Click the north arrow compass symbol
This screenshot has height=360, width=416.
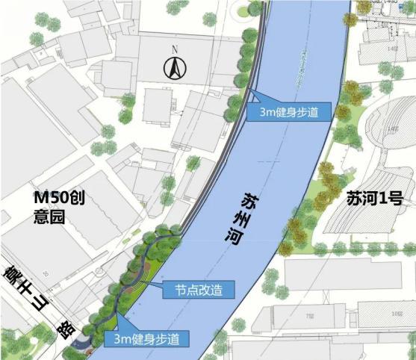tap(174, 69)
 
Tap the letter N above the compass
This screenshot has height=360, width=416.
tap(174, 51)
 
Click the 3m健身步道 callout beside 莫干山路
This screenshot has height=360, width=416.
tap(150, 338)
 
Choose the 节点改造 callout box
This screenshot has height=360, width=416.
tap(199, 288)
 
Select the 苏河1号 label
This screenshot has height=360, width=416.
tap(375, 199)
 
